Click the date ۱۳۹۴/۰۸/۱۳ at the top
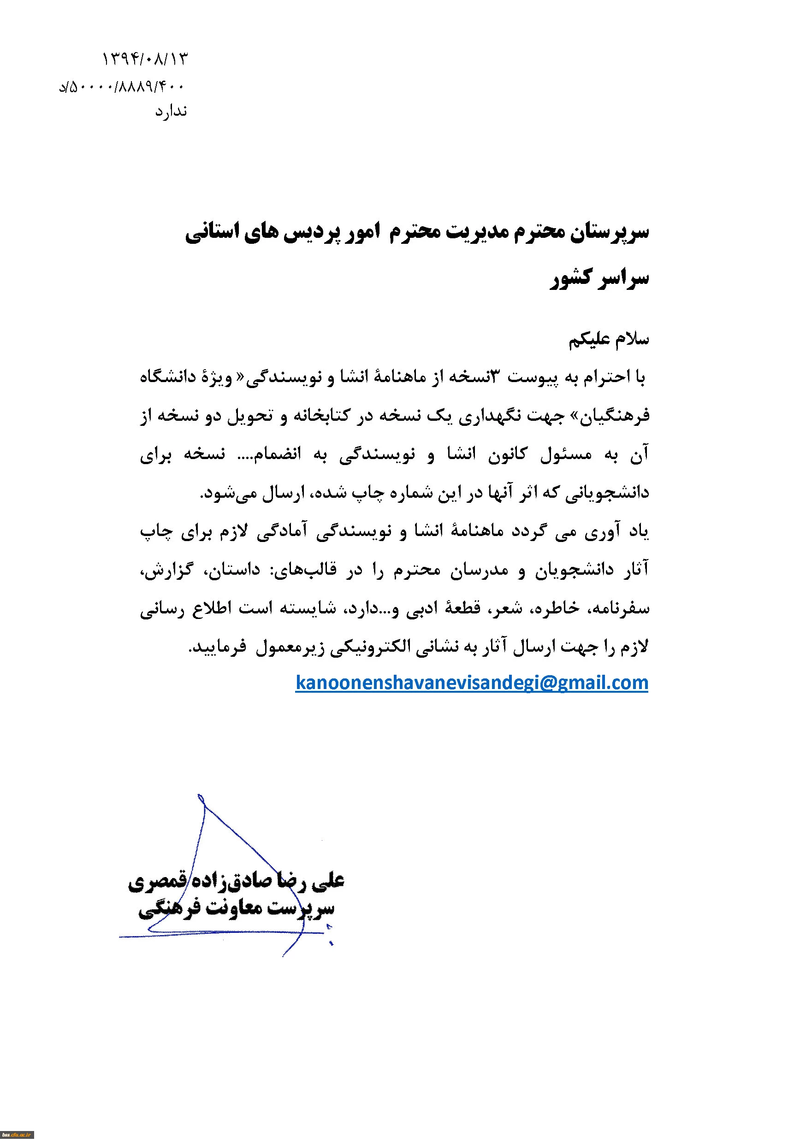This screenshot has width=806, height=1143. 144,59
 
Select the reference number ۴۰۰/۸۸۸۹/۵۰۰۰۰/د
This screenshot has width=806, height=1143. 122,88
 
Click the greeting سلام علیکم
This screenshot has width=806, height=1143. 608,340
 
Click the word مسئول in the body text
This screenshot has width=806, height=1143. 566,454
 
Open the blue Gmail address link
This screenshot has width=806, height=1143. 471,682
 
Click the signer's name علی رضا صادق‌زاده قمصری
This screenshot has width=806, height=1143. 236,881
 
